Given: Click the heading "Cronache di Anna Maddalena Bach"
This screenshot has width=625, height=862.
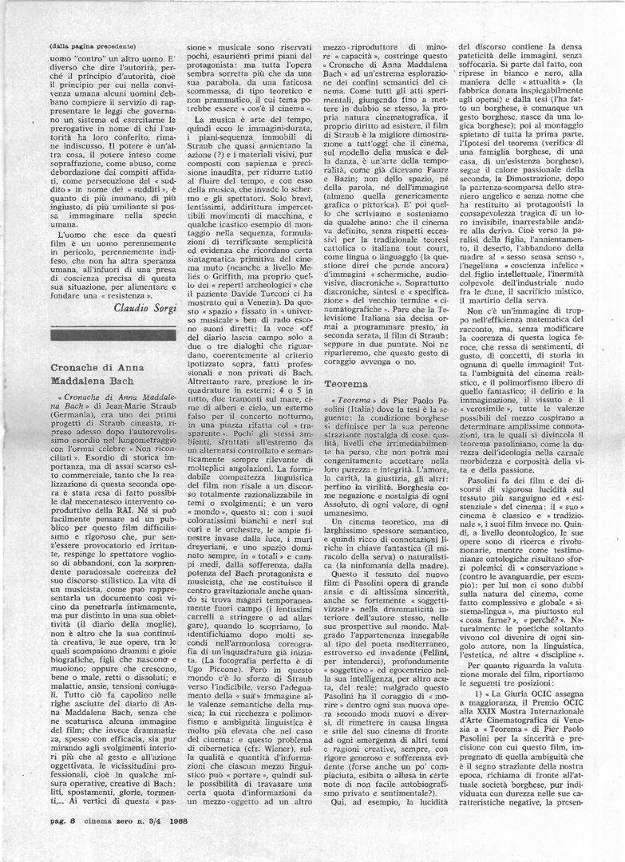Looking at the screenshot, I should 101,376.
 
